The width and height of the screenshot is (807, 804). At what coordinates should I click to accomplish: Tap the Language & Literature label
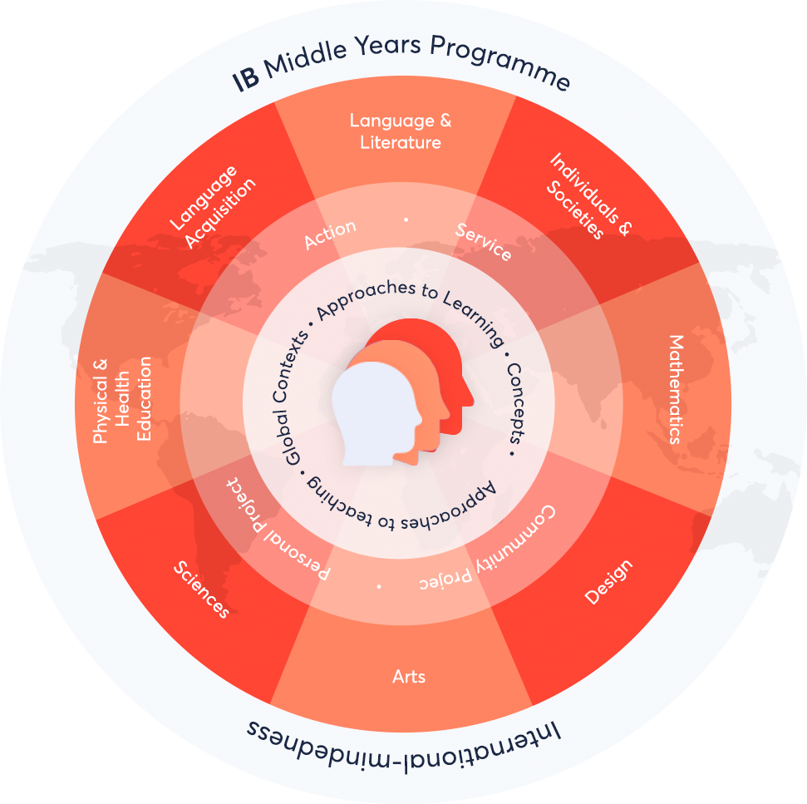[401, 131]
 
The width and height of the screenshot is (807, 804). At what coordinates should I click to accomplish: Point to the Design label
[608, 582]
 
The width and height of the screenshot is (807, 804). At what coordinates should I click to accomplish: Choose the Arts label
[409, 676]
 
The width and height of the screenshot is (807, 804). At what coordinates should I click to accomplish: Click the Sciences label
[201, 589]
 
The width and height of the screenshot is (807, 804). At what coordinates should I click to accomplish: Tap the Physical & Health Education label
[122, 400]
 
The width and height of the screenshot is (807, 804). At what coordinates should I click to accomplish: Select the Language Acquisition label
[212, 207]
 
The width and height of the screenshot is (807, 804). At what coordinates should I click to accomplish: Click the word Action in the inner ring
[330, 235]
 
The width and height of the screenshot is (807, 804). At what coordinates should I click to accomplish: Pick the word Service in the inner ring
[484, 242]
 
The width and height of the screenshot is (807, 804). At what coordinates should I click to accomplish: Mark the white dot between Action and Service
[406, 219]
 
